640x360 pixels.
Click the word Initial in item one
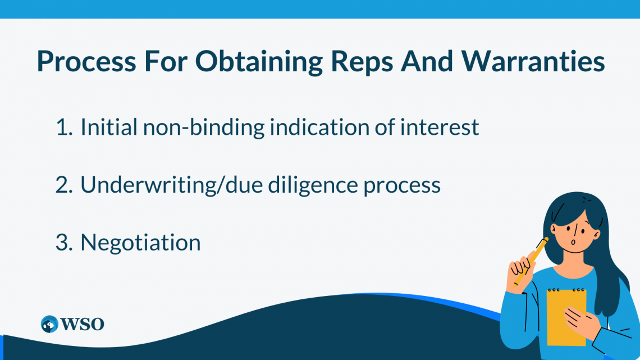point(108,127)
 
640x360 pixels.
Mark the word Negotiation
point(140,243)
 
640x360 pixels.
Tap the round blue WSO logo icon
point(50,324)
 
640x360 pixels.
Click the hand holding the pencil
point(519,272)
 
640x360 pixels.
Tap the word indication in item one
point(326,127)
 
